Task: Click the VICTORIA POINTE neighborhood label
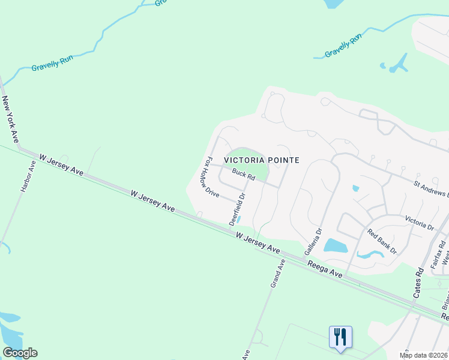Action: pos(261,160)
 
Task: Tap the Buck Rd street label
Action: pos(244,175)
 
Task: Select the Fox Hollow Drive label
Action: pos(213,178)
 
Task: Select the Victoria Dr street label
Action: pos(419,223)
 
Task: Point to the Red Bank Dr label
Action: pos(382,242)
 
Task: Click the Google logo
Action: pos(20,352)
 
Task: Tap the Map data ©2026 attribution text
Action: pos(424,355)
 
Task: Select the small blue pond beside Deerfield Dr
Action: pos(238,219)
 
